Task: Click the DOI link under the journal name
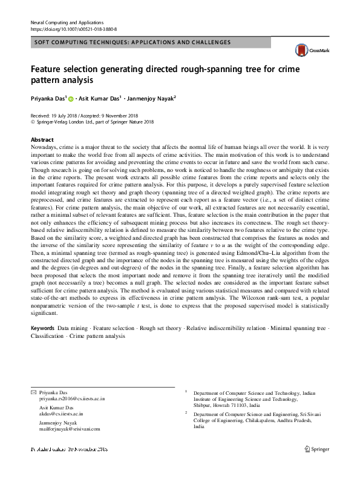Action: (73, 28)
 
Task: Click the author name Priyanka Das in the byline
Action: (47, 98)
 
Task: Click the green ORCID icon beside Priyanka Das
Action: (70, 98)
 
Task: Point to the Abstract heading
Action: (42, 139)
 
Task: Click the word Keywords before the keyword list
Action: (42, 328)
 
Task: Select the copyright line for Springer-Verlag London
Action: (94, 122)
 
